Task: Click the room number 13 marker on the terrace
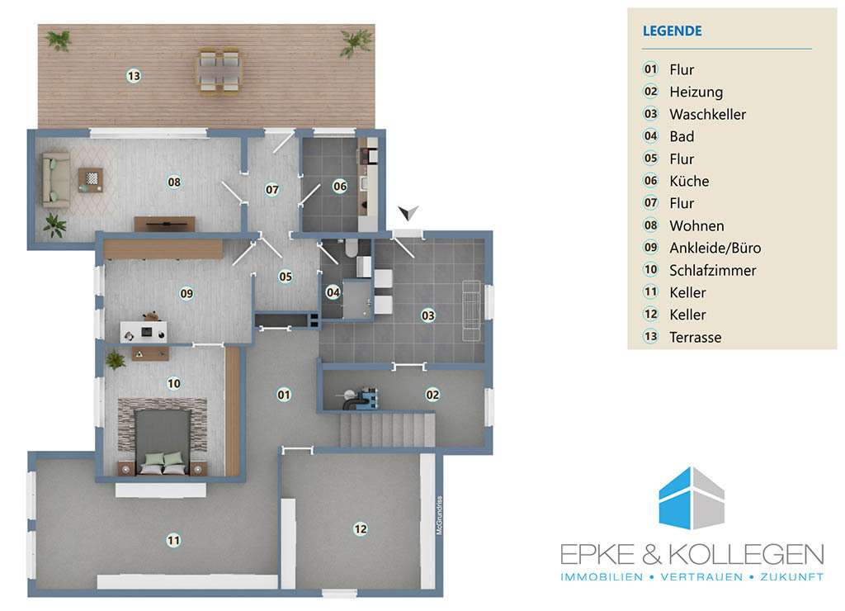click(x=134, y=76)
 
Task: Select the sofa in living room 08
click(x=56, y=179)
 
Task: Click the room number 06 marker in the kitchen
click(x=340, y=187)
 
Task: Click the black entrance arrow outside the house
click(x=408, y=212)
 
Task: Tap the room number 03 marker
click(x=428, y=315)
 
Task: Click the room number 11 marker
click(x=173, y=540)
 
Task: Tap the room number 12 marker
click(x=361, y=529)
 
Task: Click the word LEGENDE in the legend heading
click(x=672, y=31)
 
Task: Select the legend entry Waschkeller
click(x=707, y=114)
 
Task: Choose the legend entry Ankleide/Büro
click(x=715, y=248)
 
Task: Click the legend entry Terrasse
click(x=695, y=338)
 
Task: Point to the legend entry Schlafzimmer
click(x=712, y=270)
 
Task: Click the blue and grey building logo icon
click(x=692, y=498)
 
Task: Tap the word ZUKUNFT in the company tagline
click(x=791, y=577)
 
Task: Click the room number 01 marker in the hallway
click(x=284, y=395)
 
